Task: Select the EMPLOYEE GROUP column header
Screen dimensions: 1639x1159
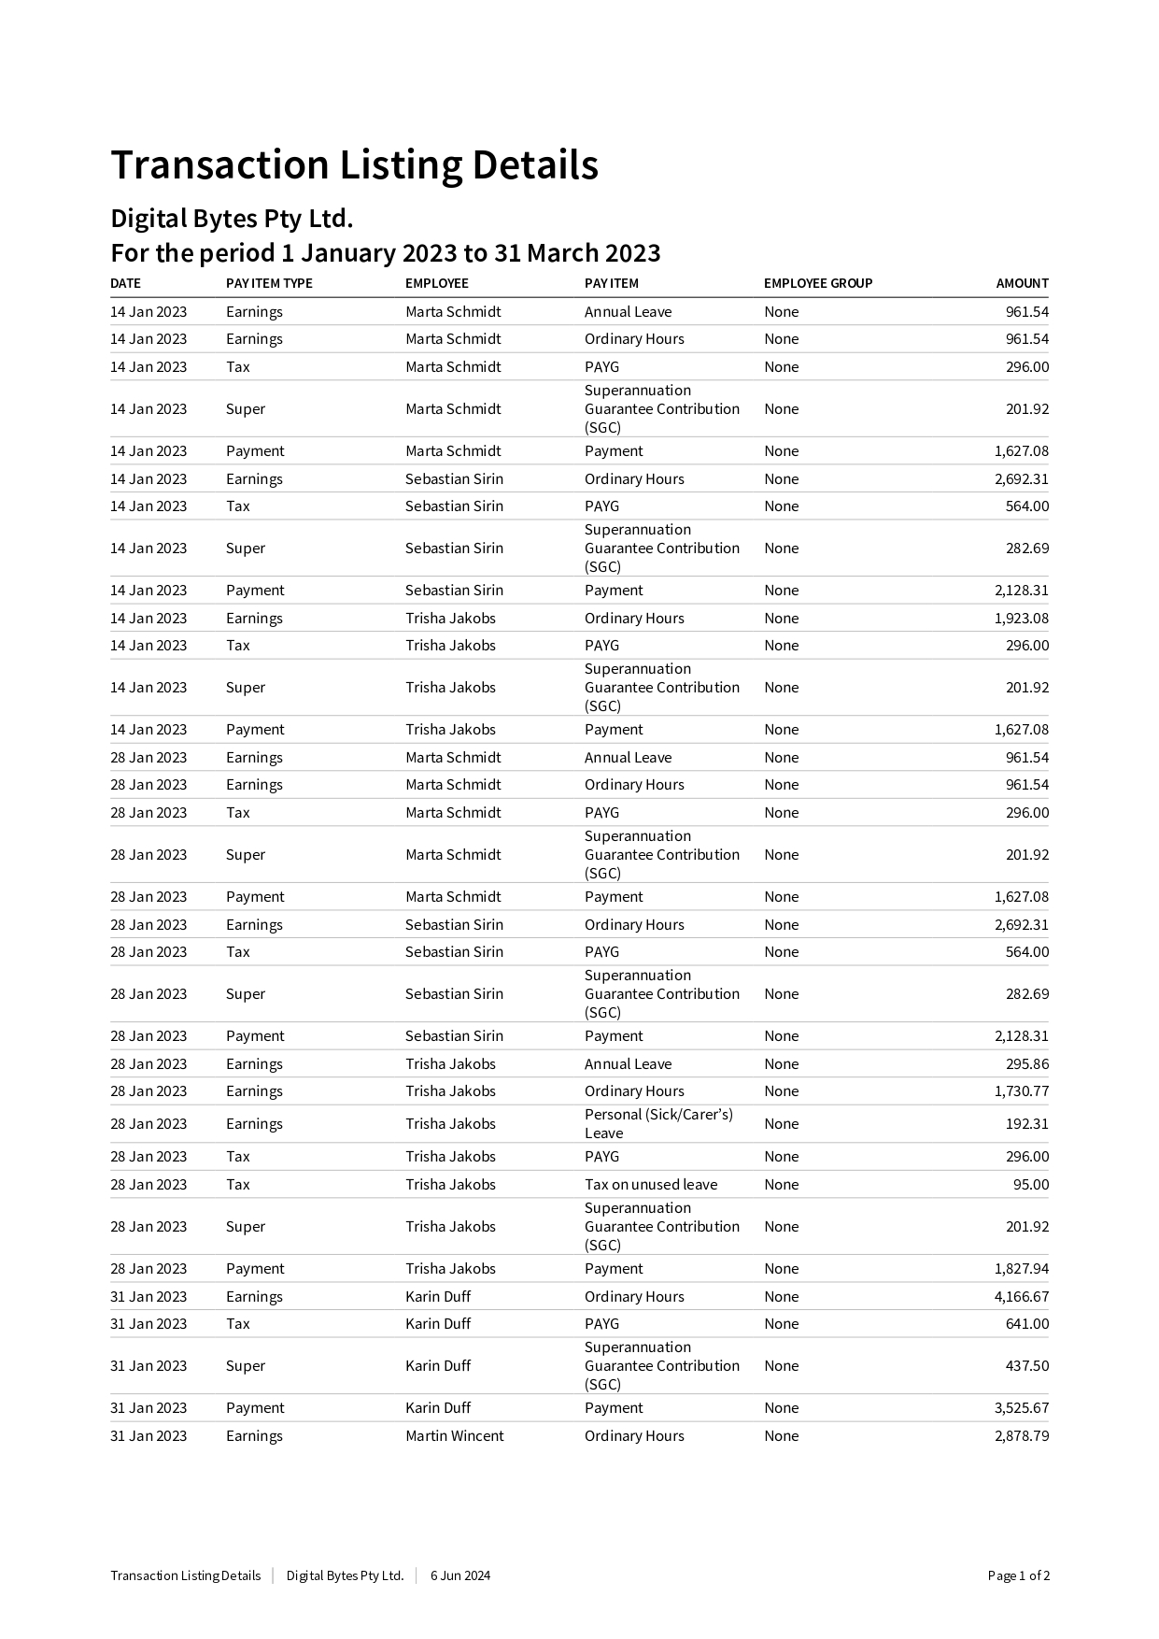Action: [x=817, y=283]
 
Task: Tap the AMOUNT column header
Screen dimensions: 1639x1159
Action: [x=1022, y=283]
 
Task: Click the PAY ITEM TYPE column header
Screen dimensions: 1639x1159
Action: [x=269, y=283]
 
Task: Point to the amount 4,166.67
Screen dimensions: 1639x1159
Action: [x=1021, y=1296]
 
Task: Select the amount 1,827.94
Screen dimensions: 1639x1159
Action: [x=1021, y=1268]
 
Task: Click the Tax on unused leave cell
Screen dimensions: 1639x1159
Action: [x=651, y=1184]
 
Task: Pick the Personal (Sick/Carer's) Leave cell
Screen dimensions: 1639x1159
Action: [x=658, y=1123]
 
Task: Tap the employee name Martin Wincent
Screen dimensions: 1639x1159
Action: [x=454, y=1435]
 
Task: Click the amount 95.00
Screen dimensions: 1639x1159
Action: [x=1030, y=1184]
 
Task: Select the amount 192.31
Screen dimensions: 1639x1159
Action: [x=1026, y=1123]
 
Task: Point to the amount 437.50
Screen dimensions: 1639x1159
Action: [x=1026, y=1365]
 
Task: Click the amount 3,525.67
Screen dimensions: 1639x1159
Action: [x=1021, y=1407]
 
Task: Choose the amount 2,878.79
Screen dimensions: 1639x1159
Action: [x=1021, y=1435]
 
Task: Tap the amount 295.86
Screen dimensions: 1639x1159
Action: [x=1026, y=1063]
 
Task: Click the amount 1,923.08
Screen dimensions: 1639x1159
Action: [x=1021, y=618]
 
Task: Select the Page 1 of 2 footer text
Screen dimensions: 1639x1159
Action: [x=1018, y=1575]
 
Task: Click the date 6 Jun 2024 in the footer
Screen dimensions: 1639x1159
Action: [x=459, y=1575]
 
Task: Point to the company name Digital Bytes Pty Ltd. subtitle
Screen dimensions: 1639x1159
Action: [x=232, y=219]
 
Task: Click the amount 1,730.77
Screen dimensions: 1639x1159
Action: [x=1021, y=1090]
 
